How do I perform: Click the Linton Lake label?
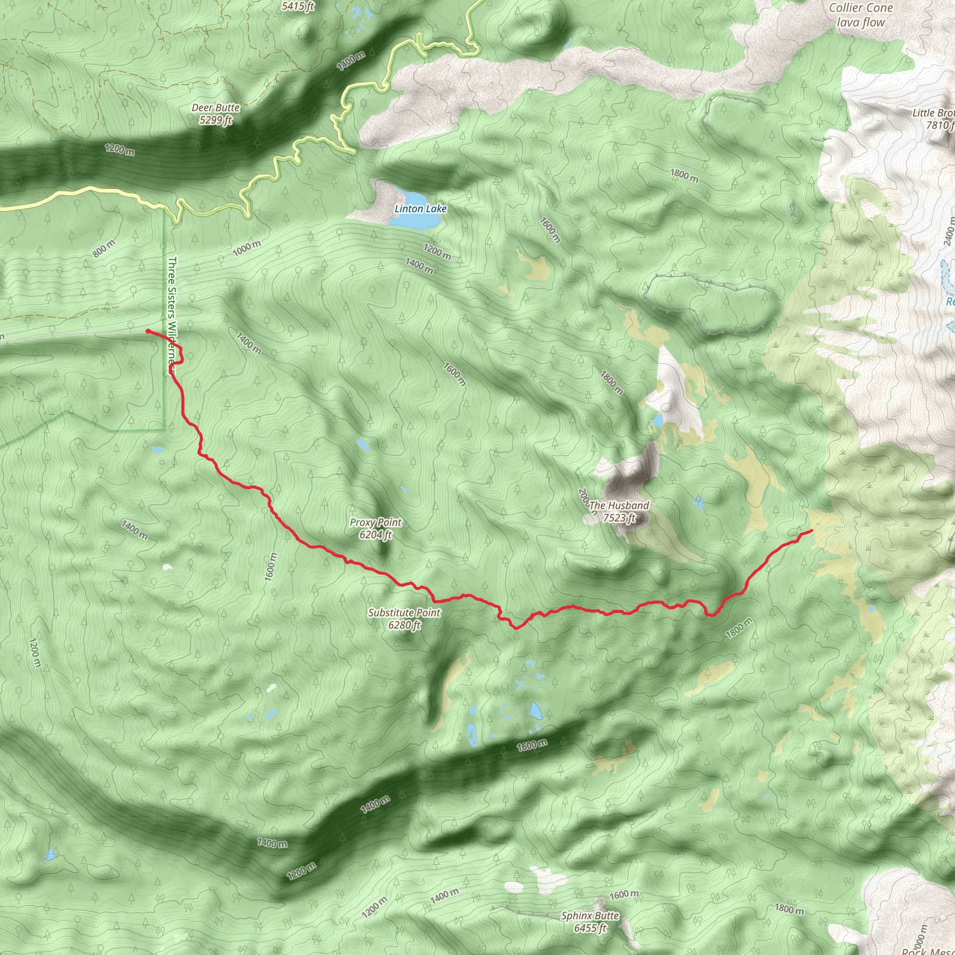coord(420,208)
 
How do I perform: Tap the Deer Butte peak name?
coord(216,108)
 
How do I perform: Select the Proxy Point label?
coord(376,522)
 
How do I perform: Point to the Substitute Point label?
coord(404,612)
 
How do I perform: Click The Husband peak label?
coord(619,505)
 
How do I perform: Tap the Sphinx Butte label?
coord(590,915)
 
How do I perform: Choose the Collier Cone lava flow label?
coord(861,15)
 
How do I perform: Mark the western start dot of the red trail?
coord(148,331)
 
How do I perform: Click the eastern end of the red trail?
coord(812,531)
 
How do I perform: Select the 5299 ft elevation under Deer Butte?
coord(216,120)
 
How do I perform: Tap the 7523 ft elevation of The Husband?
coord(619,518)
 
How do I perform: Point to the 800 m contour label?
coord(104,249)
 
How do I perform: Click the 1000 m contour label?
coord(246,248)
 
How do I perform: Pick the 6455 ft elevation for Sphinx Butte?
coord(590,928)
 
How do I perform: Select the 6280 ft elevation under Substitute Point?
coord(404,625)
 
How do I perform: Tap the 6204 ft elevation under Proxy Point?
coord(376,534)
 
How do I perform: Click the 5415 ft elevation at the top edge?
coord(298,6)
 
